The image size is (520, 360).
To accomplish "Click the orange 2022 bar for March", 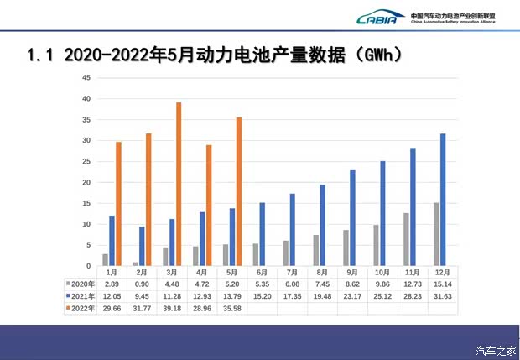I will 178,185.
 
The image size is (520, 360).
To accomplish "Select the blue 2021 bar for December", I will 443,200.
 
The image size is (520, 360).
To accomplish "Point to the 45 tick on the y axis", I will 86,78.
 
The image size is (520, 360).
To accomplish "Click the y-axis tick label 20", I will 86,183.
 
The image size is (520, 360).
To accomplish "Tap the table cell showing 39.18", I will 171,309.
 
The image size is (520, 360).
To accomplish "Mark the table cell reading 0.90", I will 141,284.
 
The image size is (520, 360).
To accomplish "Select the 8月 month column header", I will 322,273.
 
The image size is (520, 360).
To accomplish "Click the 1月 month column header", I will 111,273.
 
